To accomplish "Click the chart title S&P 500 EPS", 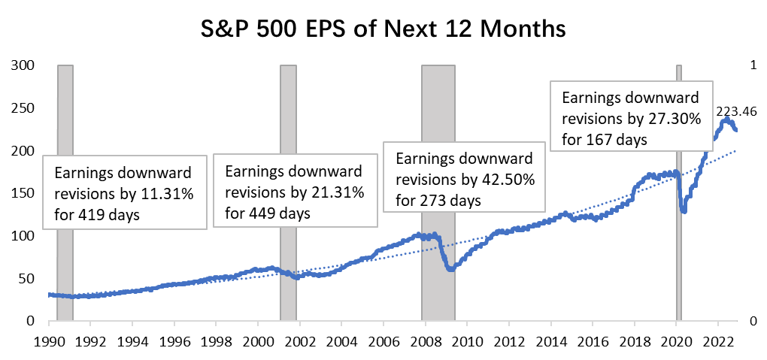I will (x=383, y=29).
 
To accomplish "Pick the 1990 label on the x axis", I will (x=49, y=339).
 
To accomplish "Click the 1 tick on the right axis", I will (x=754, y=65).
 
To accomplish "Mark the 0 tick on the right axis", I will (x=754, y=322).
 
